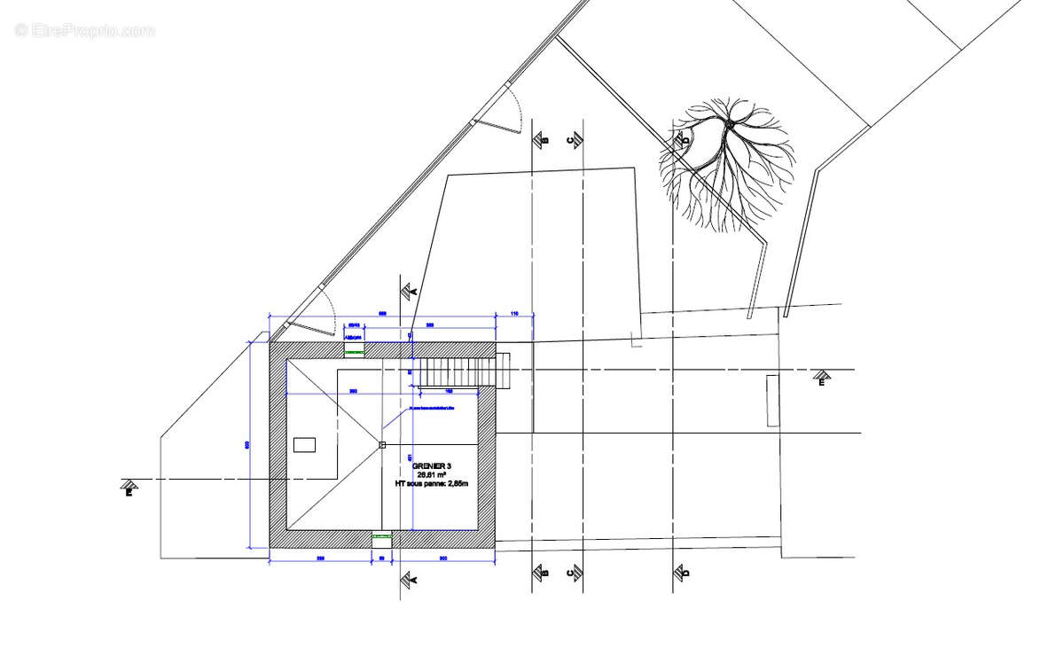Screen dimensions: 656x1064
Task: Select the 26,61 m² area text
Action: click(x=432, y=475)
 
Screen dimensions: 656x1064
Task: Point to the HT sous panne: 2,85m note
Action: click(x=431, y=485)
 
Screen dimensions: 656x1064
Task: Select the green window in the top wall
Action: click(x=354, y=352)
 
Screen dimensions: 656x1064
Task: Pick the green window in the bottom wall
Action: click(x=381, y=536)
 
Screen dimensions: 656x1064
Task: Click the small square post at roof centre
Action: click(x=382, y=445)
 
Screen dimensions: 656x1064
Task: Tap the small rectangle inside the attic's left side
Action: click(x=304, y=445)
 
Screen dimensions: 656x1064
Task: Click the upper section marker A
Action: click(x=409, y=291)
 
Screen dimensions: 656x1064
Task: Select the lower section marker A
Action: click(x=409, y=579)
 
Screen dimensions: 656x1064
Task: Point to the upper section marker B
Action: click(x=540, y=139)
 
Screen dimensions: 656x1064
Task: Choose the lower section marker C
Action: click(x=575, y=574)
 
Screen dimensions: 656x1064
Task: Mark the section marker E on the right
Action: click(x=822, y=379)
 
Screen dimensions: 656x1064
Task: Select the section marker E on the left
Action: click(x=129, y=487)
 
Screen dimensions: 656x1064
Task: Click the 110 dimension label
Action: click(x=513, y=315)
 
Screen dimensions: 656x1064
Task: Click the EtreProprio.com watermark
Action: click(x=84, y=30)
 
